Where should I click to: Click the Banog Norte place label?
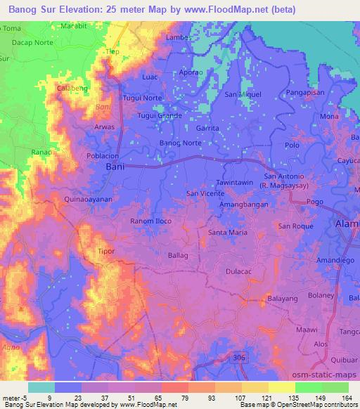coord(181,143)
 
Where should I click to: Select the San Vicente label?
coord(205,193)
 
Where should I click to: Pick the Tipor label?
coord(105,250)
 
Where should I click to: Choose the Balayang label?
coord(285,299)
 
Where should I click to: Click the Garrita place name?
coord(208,129)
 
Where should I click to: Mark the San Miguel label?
coord(243,93)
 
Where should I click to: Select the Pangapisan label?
coord(309,92)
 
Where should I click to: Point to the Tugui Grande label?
coord(160,115)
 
